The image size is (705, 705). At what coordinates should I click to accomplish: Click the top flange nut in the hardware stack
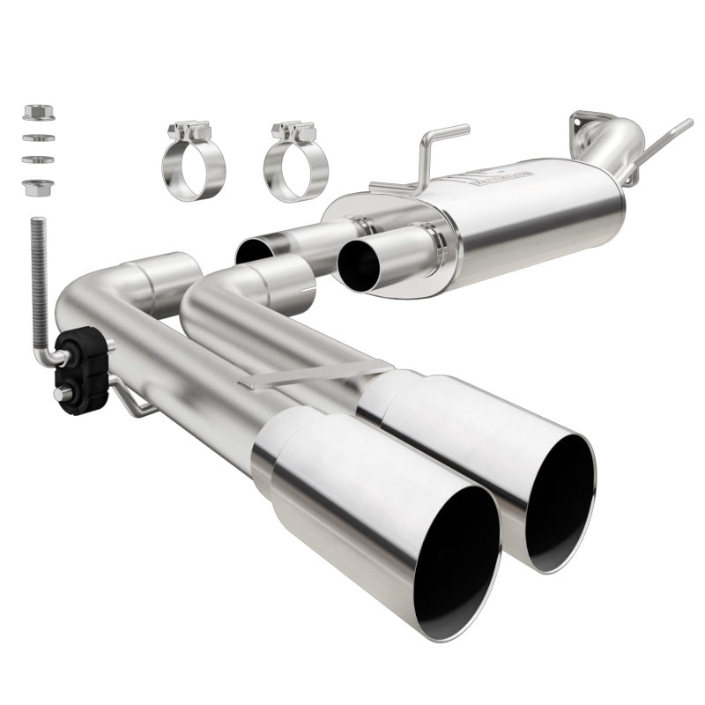(x=39, y=113)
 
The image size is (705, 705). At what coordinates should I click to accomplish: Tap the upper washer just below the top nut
(x=39, y=137)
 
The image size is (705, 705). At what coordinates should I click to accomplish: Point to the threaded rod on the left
(x=38, y=273)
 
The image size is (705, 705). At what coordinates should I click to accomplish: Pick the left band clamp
(x=193, y=167)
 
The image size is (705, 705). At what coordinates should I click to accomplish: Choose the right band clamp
(x=295, y=167)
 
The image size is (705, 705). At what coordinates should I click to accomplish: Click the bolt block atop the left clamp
(x=191, y=132)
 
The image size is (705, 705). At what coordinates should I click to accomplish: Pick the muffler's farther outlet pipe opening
(x=255, y=250)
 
